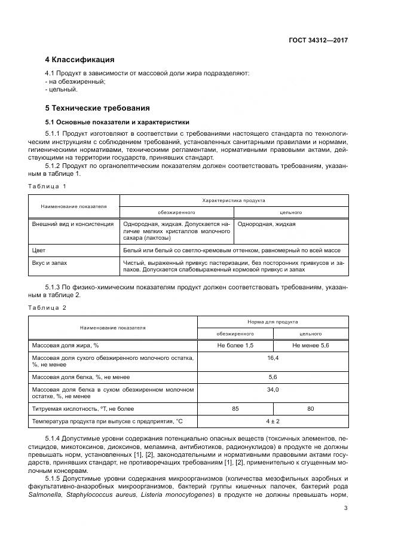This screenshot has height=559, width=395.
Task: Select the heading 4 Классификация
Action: click(x=79, y=60)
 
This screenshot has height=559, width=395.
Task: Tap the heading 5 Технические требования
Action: click(x=97, y=108)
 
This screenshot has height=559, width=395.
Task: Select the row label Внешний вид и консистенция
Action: click(x=72, y=224)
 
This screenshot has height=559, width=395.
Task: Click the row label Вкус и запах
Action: click(x=49, y=262)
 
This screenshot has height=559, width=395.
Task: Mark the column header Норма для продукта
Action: click(x=272, y=322)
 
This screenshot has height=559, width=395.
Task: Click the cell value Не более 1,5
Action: click(x=235, y=346)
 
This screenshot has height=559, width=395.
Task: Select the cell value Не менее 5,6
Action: click(x=311, y=346)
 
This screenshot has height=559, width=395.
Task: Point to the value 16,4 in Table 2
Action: click(x=273, y=357)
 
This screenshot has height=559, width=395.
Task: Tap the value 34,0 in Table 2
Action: click(x=273, y=389)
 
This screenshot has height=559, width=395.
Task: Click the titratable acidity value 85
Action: click(x=235, y=409)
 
